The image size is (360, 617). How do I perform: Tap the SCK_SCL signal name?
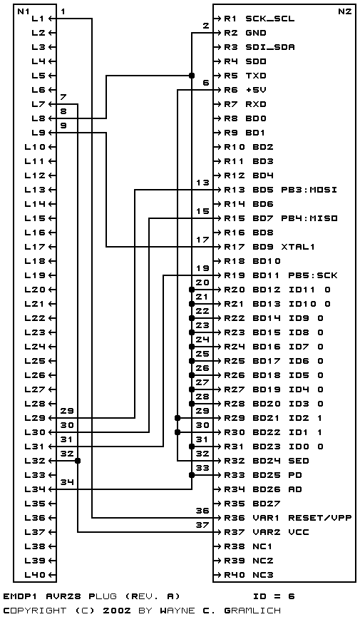pos(270,19)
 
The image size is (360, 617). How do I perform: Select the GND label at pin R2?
pos(256,33)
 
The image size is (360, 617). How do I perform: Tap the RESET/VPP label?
pos(320,518)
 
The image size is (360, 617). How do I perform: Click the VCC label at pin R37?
pos(299,532)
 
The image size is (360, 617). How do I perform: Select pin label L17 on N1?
pos(36,247)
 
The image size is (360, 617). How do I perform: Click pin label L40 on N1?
pos(36,575)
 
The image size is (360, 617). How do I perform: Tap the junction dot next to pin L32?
pos(78,461)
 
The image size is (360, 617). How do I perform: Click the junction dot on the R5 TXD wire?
pos(192,76)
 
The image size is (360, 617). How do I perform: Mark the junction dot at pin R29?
pos(178,418)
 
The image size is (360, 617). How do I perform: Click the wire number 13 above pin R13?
pos(203,183)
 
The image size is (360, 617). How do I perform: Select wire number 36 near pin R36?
pos(203,511)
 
